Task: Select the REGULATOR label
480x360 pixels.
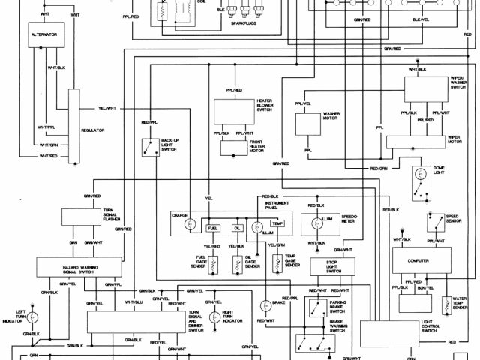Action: (93, 130)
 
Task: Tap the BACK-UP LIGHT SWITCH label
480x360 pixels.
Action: (169, 144)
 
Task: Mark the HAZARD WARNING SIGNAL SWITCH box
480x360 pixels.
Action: (74, 267)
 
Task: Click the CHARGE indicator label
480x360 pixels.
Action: (179, 215)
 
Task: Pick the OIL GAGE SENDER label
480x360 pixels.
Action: (252, 262)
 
